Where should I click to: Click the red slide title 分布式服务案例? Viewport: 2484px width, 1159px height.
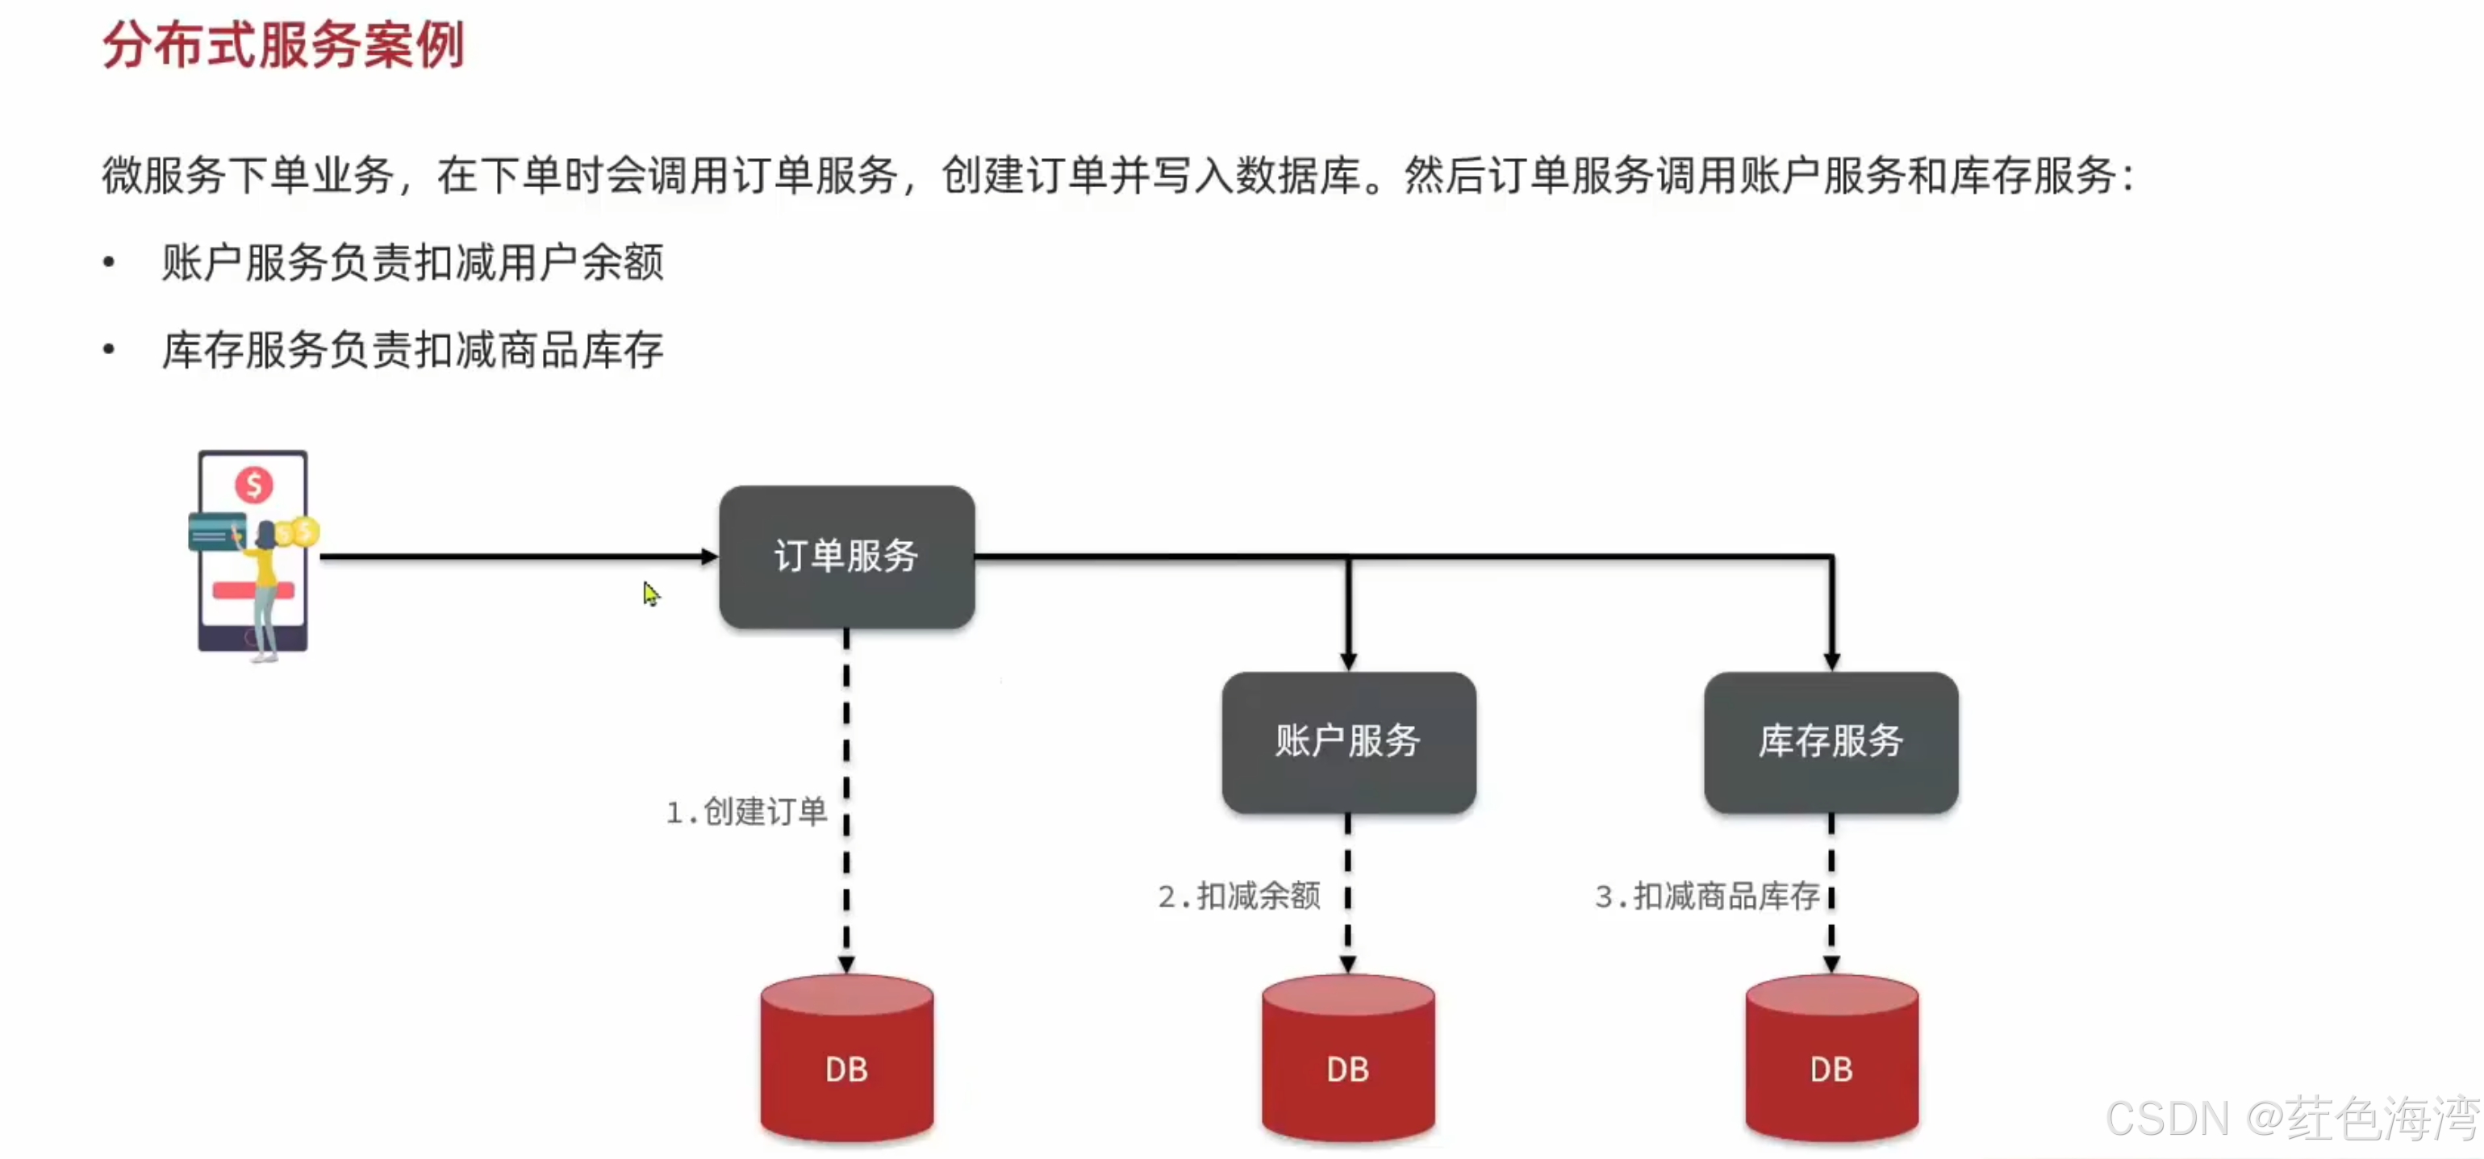[x=283, y=44]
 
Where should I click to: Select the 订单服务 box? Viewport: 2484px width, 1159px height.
[x=845, y=557]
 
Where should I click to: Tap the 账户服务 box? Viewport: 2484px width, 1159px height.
[x=1347, y=741]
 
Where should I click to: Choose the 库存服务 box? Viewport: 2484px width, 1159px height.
[x=1831, y=741]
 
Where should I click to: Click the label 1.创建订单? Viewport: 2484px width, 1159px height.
[x=746, y=812]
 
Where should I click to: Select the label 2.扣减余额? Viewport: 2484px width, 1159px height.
[x=1239, y=897]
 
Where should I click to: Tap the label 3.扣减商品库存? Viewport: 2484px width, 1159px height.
[x=1707, y=897]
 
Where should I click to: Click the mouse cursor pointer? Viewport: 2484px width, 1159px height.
[x=651, y=593]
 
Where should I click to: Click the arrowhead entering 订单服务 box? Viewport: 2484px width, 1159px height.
[x=709, y=557]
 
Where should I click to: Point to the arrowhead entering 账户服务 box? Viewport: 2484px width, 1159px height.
[x=1348, y=661]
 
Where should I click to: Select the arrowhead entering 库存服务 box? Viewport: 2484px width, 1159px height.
[x=1831, y=661]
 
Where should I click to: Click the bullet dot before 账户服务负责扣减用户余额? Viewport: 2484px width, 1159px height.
[x=109, y=262]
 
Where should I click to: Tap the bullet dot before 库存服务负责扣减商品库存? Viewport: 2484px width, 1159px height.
[x=109, y=349]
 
